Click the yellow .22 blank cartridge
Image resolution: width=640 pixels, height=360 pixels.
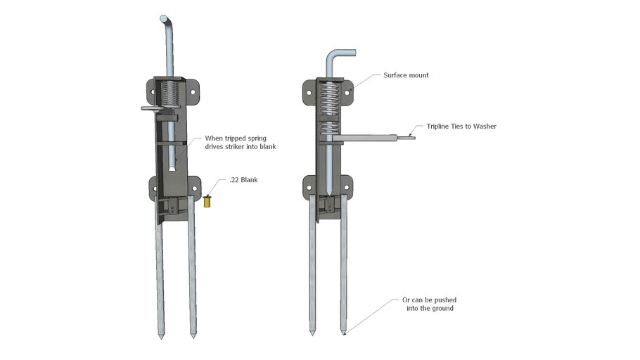click(208, 202)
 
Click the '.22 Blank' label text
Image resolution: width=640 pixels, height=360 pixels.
click(243, 181)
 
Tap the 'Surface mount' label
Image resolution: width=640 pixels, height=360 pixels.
click(406, 75)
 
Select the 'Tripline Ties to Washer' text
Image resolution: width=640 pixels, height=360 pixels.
click(461, 127)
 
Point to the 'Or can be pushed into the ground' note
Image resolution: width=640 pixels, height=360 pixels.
click(430, 304)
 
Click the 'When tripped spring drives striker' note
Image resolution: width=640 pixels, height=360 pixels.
click(240, 143)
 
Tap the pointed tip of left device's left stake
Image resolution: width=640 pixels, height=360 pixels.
click(161, 337)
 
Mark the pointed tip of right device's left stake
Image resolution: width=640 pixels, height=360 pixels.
click(313, 330)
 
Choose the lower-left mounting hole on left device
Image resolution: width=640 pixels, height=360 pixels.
click(156, 188)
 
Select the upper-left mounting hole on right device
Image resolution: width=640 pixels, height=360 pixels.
click(309, 89)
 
